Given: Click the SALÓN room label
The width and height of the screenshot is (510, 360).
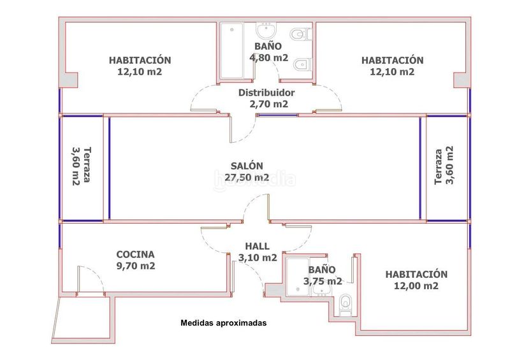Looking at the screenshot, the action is coord(247,166).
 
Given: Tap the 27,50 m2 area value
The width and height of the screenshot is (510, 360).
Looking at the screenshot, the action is coord(247,177).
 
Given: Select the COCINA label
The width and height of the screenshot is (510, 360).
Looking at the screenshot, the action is coord(135,254).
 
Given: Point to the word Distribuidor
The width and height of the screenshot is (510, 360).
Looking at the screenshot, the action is coord(266,92).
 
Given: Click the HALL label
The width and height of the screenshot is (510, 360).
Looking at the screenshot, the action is coord(258,246).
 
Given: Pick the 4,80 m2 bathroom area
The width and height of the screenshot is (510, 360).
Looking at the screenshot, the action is coord(268,57).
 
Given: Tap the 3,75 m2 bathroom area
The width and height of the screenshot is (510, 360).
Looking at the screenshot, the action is coord(323,281).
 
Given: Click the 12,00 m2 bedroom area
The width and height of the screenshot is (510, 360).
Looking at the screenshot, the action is coord(416,286).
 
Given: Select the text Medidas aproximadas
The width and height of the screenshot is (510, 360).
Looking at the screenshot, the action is coord(224,323).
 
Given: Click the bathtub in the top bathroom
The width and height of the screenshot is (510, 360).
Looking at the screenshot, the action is coord(232,51).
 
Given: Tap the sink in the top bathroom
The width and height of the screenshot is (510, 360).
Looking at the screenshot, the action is coord(266,31).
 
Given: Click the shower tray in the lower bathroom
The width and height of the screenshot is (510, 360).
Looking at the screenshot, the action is coord(298,277).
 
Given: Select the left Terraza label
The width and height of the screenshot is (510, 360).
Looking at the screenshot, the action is coord(82,166).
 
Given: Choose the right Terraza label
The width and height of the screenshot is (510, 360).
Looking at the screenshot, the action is coord(444,166).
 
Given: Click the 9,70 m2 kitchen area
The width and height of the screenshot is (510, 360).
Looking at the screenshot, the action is coord(136,266).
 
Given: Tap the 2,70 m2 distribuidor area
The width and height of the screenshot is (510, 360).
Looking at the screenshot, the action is coord(268,104).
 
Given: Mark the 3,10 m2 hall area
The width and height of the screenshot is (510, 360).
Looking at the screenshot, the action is coord(258,257).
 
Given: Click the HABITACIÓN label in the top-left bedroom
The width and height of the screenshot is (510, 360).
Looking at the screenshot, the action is coord(140,60).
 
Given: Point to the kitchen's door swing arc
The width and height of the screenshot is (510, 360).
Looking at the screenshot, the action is coord(97,274).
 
